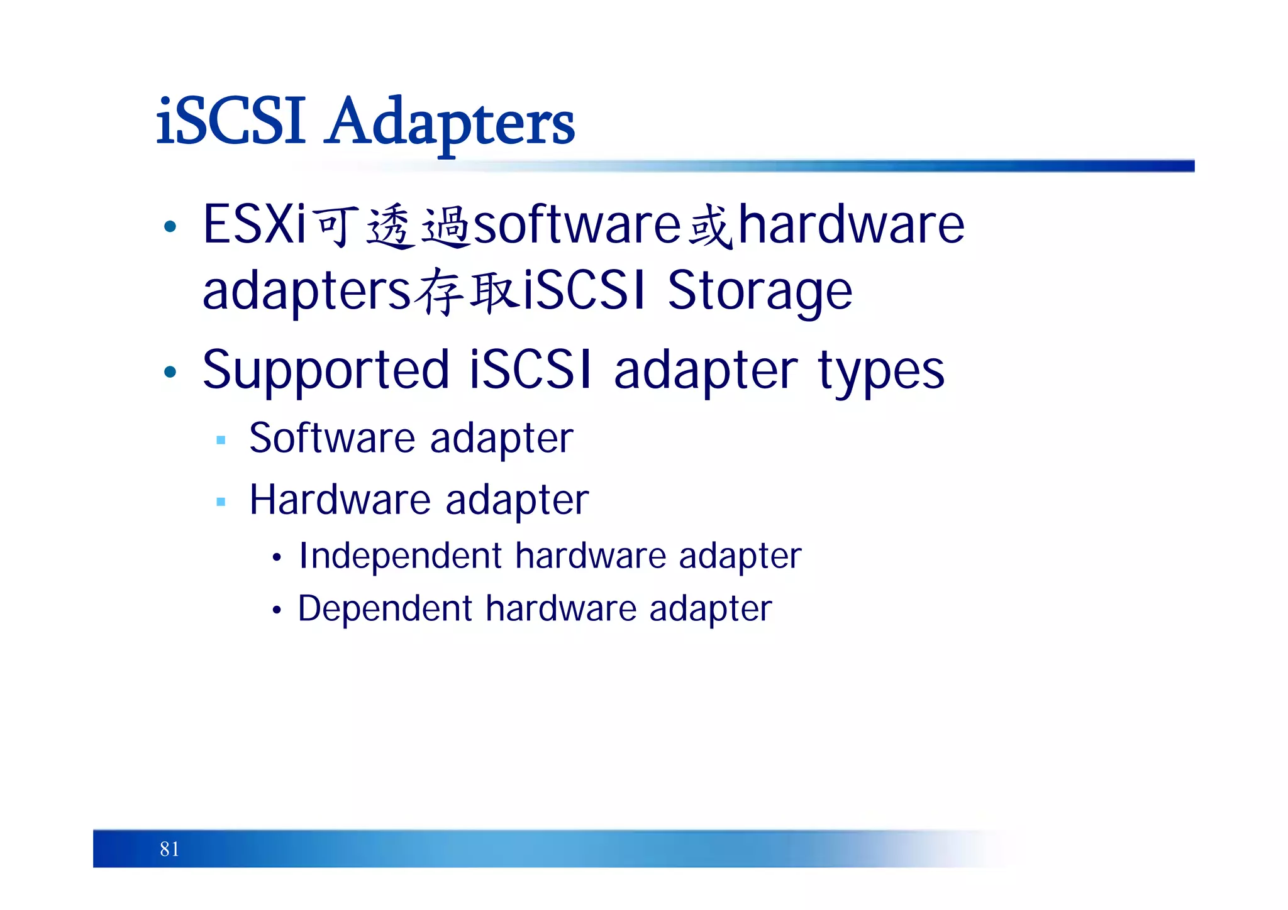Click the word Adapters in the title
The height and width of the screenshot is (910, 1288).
[451, 123]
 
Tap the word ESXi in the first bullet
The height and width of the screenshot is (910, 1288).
[254, 225]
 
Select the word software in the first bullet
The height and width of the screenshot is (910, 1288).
[577, 225]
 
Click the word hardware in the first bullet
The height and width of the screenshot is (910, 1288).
[851, 225]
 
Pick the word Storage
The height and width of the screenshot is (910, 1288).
[760, 291]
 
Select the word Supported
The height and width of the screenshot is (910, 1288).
[326, 371]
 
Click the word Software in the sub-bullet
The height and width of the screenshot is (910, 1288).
[331, 438]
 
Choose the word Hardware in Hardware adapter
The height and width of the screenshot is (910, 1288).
[340, 500]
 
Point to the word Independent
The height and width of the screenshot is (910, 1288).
[401, 556]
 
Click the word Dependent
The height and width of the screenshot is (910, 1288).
[385, 609]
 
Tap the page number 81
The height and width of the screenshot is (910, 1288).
[169, 849]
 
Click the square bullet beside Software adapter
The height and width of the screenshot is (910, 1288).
[221, 440]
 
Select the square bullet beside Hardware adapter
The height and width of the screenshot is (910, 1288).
[221, 502]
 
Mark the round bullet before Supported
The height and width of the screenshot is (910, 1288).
[170, 371]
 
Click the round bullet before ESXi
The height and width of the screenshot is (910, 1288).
[170, 226]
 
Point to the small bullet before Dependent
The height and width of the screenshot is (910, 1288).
[277, 610]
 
